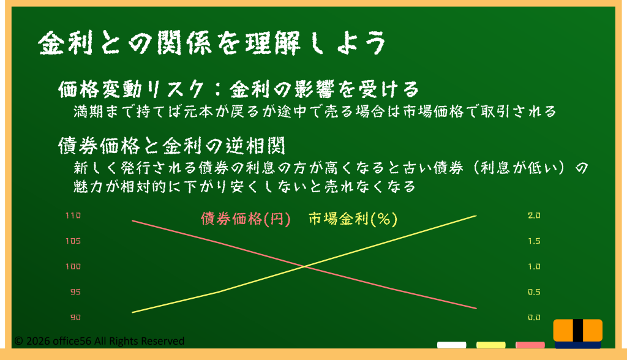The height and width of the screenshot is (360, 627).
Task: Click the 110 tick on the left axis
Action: pos(73,216)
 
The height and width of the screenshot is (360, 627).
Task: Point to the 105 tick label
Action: pos(73,241)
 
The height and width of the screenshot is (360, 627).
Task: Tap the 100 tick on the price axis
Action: pos(73,266)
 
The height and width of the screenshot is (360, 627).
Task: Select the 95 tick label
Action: pos(75,292)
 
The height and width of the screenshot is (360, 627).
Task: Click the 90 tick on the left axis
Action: pos(75,318)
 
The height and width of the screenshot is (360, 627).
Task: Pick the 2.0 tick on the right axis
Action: pos(534,216)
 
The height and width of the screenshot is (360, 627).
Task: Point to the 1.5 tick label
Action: pos(534,241)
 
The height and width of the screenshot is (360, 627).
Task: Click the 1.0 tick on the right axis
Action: pos(534,266)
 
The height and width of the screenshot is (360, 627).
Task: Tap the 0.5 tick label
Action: pos(534,292)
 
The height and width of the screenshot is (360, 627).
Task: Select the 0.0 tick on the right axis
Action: pos(534,318)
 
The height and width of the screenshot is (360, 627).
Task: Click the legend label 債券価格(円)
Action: pos(246,219)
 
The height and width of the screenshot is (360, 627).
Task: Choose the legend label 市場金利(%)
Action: pos(353,219)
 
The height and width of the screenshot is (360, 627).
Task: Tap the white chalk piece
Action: pos(451,345)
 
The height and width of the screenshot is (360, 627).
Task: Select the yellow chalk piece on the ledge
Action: pos(490,345)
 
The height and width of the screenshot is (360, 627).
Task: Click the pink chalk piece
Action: pos(530,345)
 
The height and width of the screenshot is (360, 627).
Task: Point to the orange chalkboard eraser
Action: pos(578,333)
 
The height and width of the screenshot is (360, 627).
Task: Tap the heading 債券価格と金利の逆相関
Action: pos(171,146)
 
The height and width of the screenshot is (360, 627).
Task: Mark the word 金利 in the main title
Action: pos(66,43)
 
